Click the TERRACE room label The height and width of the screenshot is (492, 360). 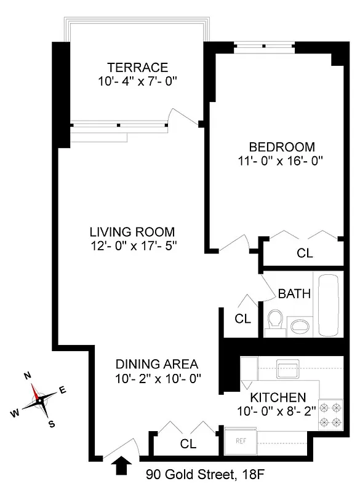tap(137, 67)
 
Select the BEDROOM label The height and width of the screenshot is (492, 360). tap(281, 147)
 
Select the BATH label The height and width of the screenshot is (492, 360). tap(294, 293)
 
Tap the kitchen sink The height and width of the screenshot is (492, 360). tap(287, 370)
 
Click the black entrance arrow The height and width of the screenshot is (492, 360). tap(123, 466)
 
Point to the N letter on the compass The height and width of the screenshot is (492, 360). tap(27, 376)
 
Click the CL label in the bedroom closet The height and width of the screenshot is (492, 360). tap(305, 253)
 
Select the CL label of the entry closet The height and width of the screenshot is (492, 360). tap(188, 443)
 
